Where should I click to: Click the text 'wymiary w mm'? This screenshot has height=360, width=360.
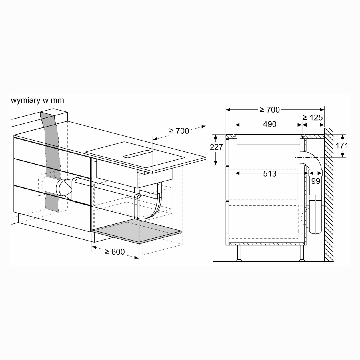37,100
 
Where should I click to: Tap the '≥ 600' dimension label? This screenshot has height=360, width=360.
115,252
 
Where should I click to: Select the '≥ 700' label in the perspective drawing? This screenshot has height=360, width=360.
179,131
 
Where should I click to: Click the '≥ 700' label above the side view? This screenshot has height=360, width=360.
270,110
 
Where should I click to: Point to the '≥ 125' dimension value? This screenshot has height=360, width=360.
313,117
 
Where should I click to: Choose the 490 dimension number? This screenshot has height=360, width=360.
270,124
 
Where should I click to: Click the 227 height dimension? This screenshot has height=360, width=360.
216,147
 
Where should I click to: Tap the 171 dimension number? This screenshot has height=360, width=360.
342,146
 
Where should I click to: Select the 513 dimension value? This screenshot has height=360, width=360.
270,174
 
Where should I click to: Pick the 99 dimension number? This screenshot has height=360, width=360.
316,181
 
